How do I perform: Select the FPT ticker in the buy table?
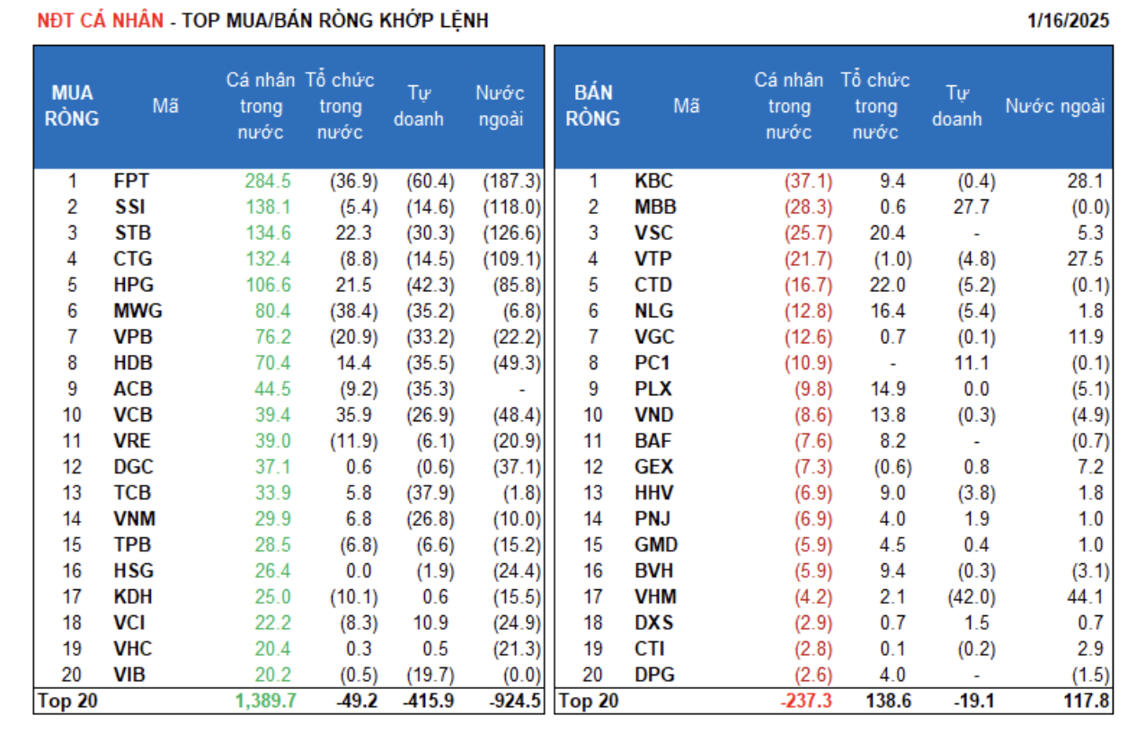point(131,181)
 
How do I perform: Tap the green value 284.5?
point(268,181)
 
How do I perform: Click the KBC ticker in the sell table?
point(653,181)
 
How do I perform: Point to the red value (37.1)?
point(808,181)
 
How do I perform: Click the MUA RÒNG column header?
point(73,106)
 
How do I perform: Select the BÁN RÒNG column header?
point(593,106)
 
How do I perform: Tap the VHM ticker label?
point(655,596)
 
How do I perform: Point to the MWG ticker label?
point(138,311)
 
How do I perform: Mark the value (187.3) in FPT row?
point(511,181)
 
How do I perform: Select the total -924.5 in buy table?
point(514,701)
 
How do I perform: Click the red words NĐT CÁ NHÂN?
point(100,20)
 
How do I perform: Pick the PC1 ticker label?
point(652,363)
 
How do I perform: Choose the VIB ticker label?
point(130,675)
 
